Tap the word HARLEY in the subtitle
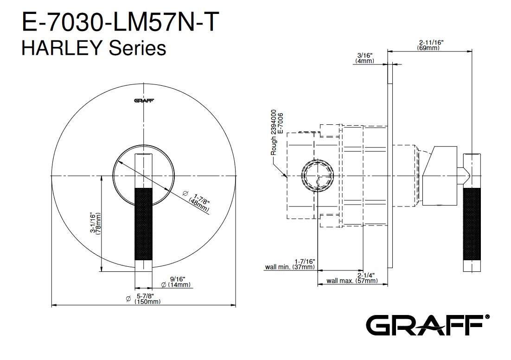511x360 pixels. [63, 48]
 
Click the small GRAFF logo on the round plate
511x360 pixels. [144, 100]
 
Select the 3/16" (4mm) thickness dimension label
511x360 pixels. [364, 58]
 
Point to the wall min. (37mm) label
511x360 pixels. [290, 264]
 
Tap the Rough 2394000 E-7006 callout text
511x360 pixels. [277, 132]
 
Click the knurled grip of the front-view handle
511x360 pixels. [143, 224]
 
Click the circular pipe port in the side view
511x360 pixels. [317, 176]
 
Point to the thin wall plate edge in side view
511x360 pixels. [390, 166]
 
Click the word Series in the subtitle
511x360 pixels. [137, 48]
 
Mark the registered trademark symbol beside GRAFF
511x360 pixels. [487, 316]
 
